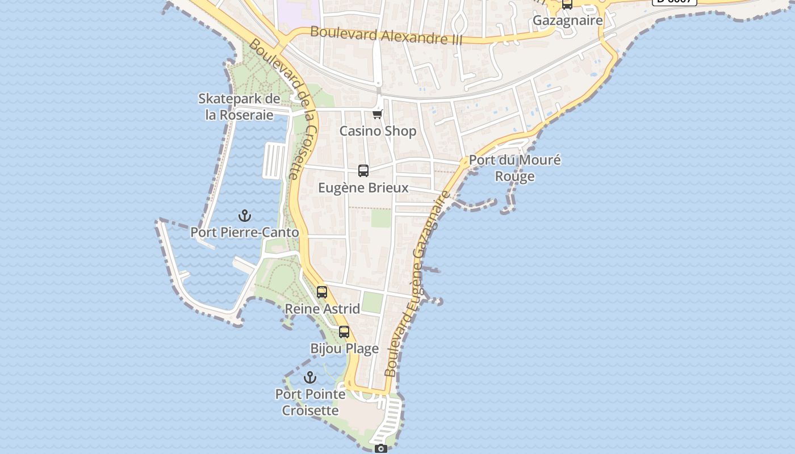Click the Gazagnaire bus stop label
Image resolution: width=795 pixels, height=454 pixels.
(567, 21)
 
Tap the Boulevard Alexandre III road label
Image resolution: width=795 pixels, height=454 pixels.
(386, 35)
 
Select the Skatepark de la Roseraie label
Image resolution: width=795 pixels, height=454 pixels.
(239, 107)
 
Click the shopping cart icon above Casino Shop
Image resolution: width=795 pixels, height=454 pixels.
(378, 114)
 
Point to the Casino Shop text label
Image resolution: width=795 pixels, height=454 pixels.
(378, 131)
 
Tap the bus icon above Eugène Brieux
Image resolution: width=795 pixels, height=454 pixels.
(363, 170)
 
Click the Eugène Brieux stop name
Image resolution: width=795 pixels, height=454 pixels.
(363, 188)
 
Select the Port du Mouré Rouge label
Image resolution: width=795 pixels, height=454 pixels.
(514, 168)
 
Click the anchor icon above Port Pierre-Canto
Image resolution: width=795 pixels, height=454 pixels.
(245, 216)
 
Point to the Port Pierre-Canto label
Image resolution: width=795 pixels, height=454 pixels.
(244, 232)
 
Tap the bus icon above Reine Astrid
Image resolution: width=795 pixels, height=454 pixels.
(322, 292)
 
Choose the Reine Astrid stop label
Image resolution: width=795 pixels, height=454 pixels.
(322, 309)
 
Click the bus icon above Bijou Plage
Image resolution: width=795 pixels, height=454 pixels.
(344, 332)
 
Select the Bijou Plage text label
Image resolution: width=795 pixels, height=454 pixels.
(344, 348)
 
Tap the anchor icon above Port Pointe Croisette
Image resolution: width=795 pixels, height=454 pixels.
(310, 377)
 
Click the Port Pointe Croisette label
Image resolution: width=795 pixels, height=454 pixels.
(310, 402)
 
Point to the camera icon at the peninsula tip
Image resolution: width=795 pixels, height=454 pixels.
(381, 449)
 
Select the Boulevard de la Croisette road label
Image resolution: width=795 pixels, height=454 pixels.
(283, 108)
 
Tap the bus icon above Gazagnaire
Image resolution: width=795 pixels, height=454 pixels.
(567, 5)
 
